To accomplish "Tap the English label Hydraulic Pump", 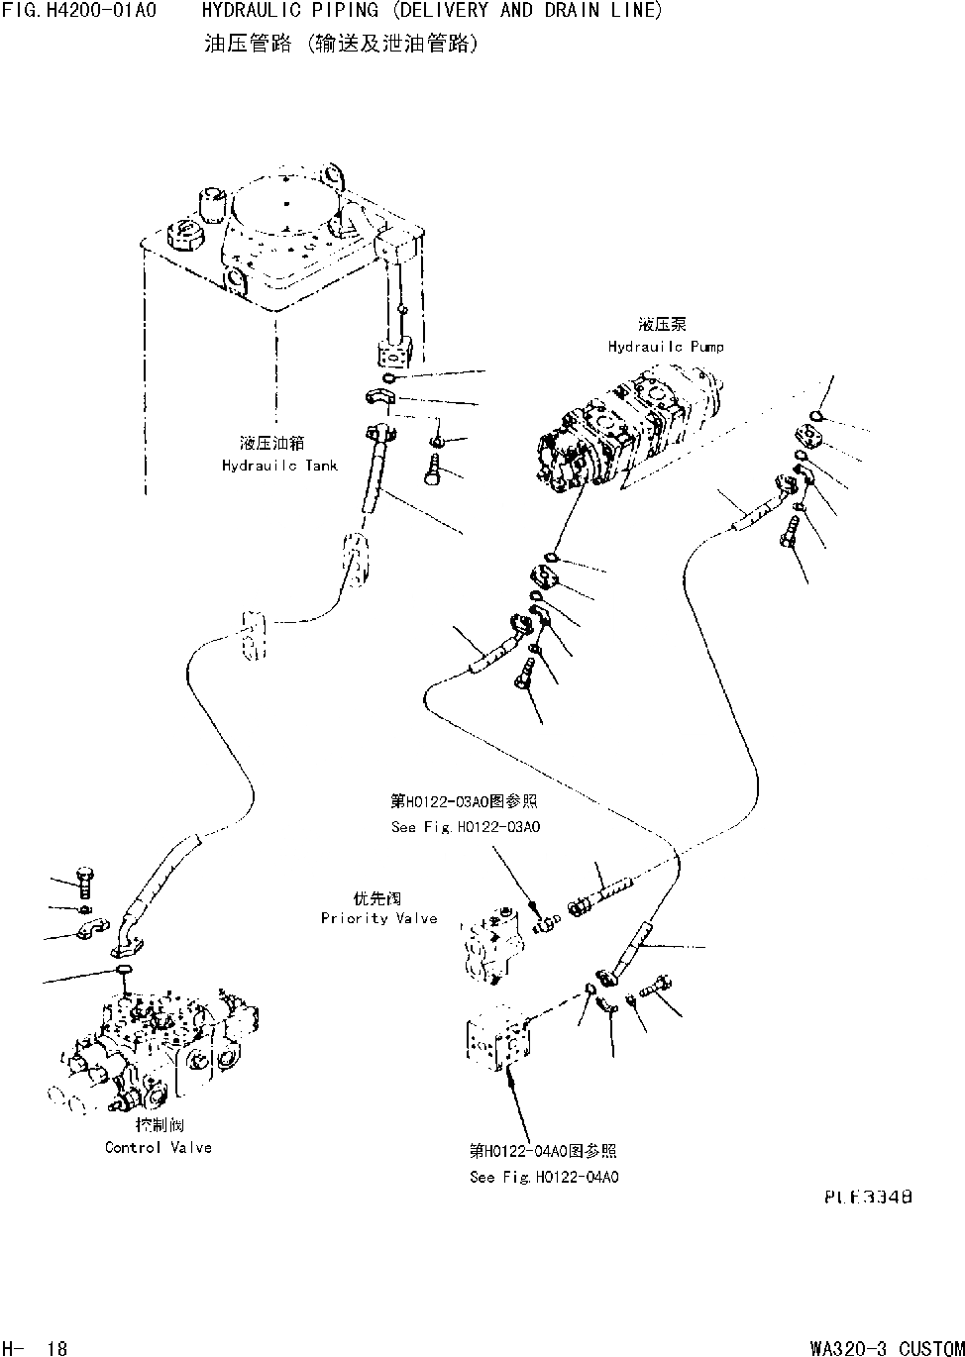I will click(666, 347).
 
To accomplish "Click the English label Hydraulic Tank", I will click(279, 466).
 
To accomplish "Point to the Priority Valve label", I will click(378, 918).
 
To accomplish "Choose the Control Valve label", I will click(159, 1147).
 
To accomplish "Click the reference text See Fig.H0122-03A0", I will click(466, 827).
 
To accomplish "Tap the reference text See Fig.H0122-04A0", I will click(544, 1177).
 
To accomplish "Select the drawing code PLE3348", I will click(868, 1197).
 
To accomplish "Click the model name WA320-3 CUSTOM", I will click(887, 1348).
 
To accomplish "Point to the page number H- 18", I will click(35, 1348).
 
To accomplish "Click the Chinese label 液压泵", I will click(663, 325).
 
